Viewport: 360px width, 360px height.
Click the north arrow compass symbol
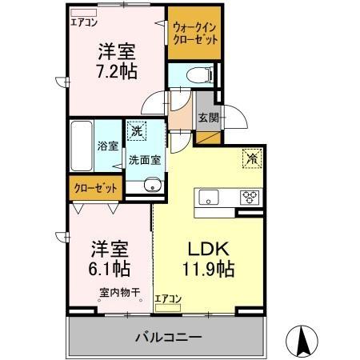302,342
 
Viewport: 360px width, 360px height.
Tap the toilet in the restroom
199,74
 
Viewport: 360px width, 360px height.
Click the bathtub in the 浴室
82,146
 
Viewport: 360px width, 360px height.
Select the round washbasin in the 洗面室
152,185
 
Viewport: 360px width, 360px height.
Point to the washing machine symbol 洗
137,130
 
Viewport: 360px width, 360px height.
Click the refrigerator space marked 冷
252,158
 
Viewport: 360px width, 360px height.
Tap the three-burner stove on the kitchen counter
250,198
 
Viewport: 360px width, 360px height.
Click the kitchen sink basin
209,198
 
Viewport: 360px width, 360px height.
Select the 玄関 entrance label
209,118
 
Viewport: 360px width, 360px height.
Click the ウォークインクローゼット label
194,34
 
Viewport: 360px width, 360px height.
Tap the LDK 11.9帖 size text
209,259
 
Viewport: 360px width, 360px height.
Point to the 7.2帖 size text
117,71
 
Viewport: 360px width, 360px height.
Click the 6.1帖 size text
110,269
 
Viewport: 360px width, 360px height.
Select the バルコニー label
169,338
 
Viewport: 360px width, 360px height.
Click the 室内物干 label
120,293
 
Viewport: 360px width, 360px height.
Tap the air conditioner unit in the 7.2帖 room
84,13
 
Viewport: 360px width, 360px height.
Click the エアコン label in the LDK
168,298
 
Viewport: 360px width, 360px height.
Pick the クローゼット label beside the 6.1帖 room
96,188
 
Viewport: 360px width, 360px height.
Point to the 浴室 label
108,146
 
